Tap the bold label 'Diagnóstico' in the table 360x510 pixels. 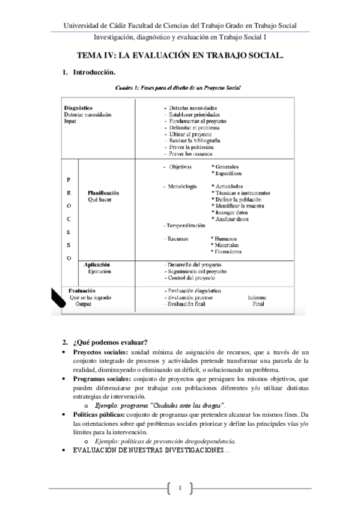pyautogui.click(x=78, y=108)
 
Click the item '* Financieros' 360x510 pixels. pyautogui.click(x=227, y=252)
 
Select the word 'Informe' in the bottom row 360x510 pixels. pyautogui.click(x=258, y=297)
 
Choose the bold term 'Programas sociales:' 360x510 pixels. pyautogui.click(x=100, y=379)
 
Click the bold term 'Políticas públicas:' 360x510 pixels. pyautogui.click(x=98, y=415)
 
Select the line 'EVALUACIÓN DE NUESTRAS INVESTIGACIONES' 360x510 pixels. pyautogui.click(x=150, y=450)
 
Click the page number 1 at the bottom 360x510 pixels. pyautogui.click(x=180, y=486)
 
